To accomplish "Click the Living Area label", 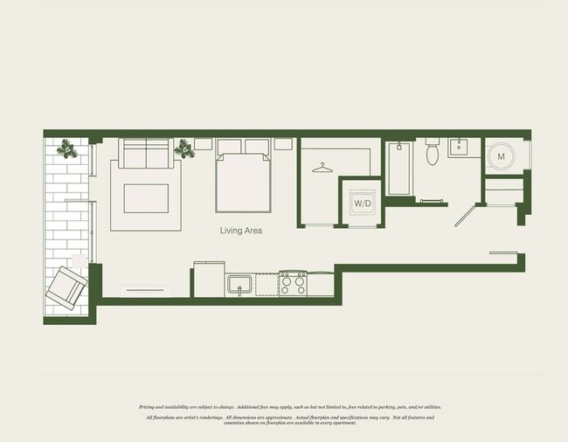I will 242,231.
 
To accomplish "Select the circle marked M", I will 500,156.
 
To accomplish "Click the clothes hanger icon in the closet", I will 324,166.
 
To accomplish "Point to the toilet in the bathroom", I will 432,154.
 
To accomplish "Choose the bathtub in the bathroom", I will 398,169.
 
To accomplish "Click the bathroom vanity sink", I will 461,148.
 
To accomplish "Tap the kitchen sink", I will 239,284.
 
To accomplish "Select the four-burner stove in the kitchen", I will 293,283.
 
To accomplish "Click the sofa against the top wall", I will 145,155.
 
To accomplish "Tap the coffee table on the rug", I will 146,198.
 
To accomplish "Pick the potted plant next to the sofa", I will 185,150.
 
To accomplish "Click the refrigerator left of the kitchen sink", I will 208,279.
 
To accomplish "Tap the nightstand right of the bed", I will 283,144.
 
